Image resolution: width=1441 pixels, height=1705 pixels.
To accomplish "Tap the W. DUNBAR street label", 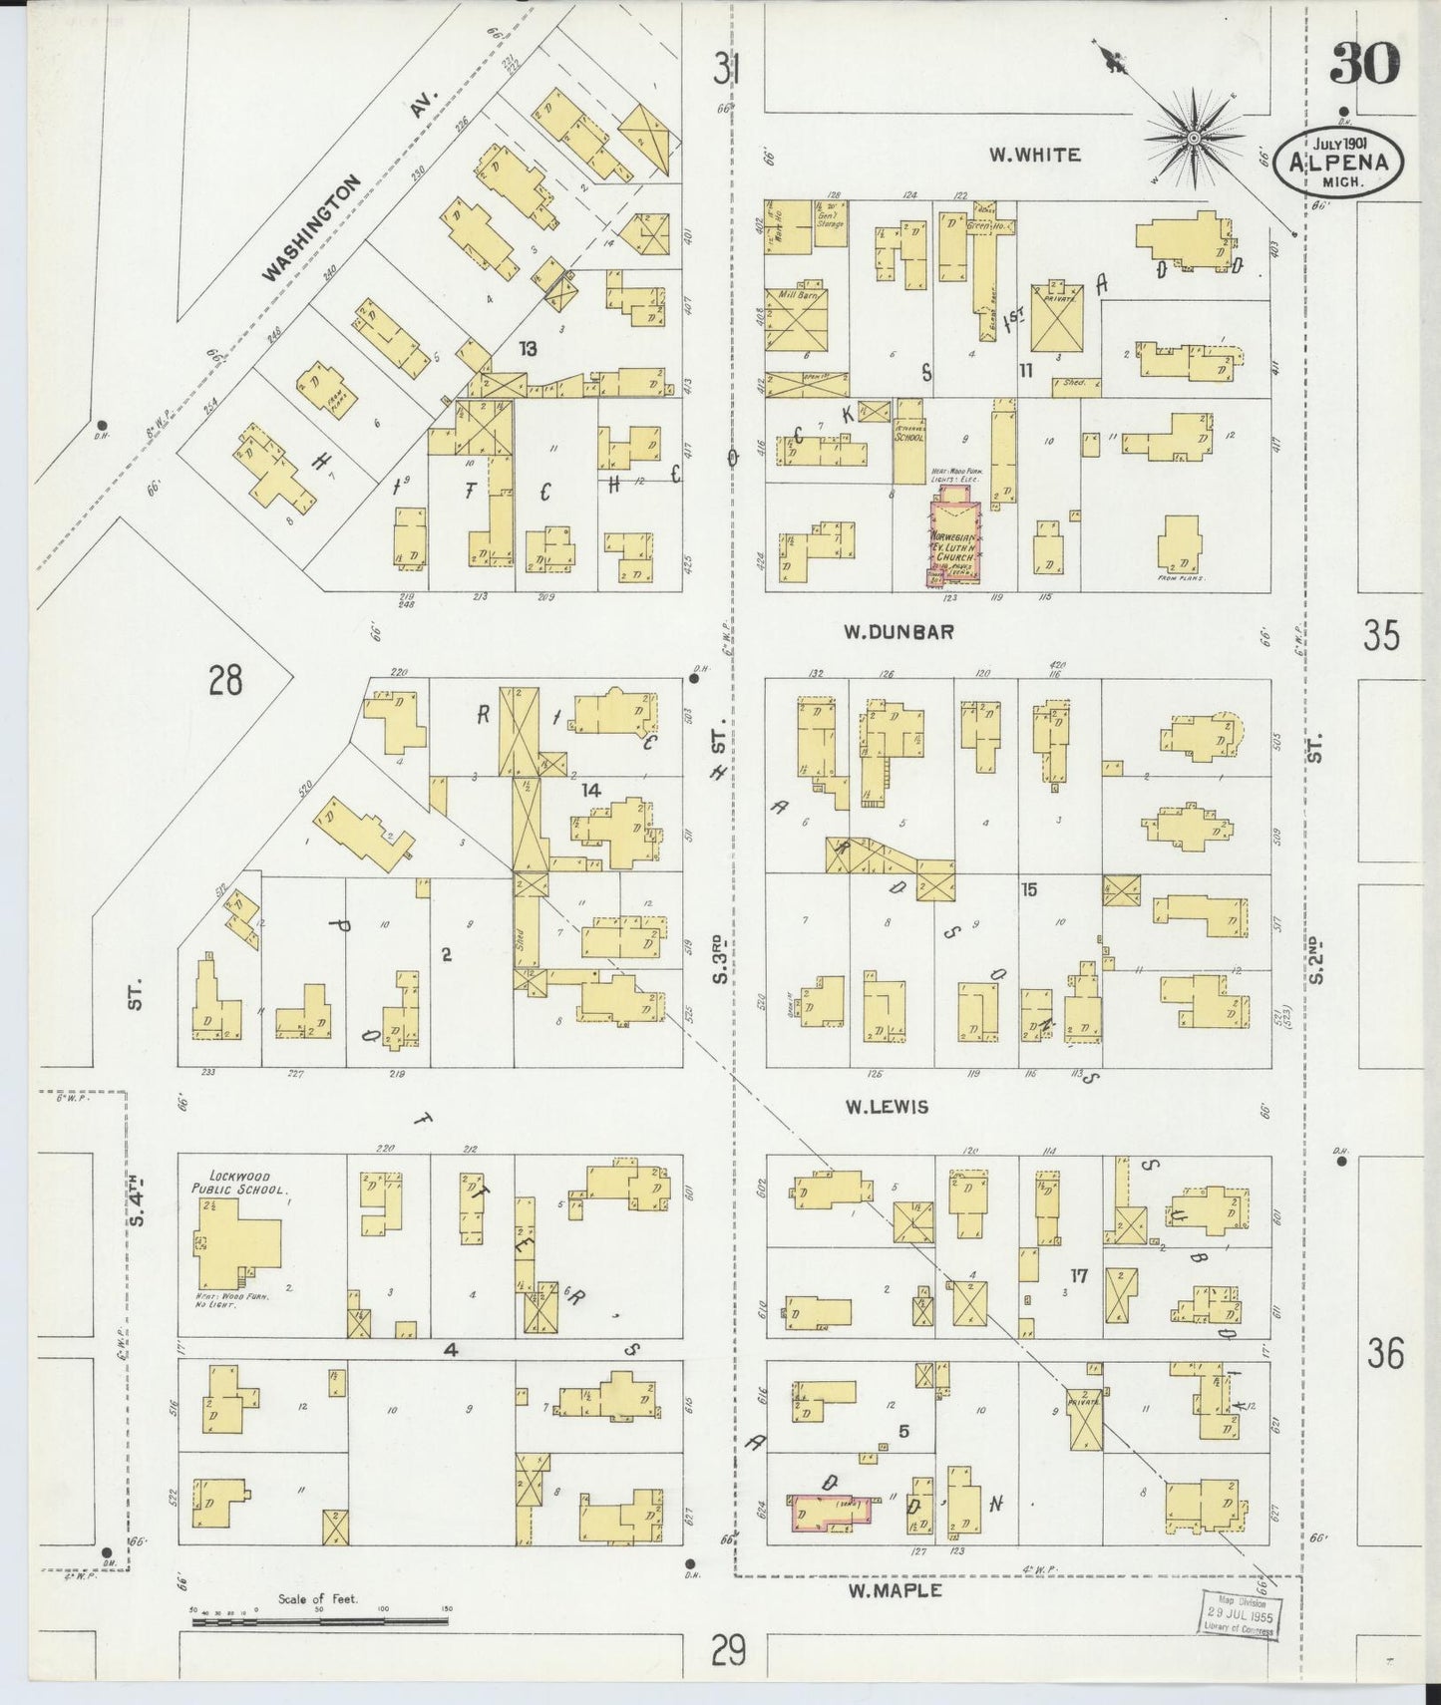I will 899,631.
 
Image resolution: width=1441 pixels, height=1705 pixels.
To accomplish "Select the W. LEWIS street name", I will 887,1107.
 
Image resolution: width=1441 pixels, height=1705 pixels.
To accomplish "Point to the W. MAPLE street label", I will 895,1590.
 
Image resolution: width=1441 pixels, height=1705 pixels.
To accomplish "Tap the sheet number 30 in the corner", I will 1364,64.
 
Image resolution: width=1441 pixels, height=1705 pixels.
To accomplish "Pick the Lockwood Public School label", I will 239,1184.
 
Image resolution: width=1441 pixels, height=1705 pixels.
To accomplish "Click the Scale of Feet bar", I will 319,1622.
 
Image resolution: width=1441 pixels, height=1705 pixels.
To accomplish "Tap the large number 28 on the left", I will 225,681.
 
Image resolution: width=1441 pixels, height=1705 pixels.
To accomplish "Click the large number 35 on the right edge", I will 1381,635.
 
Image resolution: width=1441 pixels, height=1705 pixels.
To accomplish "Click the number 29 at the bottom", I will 729,1652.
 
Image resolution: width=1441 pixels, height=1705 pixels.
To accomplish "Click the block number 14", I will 591,790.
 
